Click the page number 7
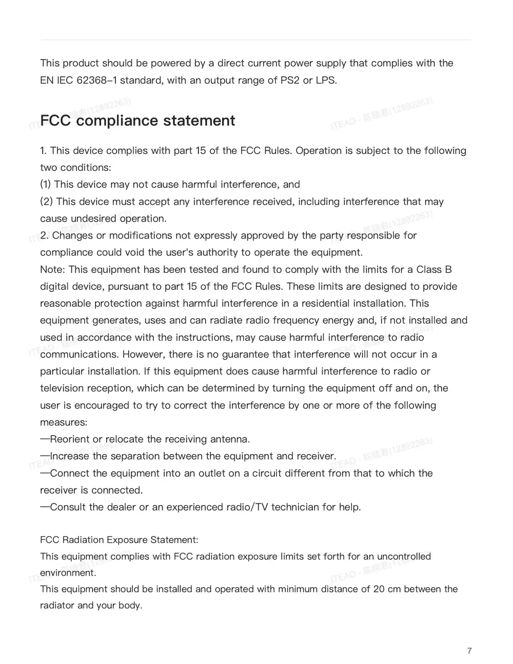469,651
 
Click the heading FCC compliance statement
137,121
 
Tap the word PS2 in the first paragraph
289,81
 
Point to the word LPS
326,81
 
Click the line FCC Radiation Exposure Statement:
119,540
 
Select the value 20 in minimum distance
379,589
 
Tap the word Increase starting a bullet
70,456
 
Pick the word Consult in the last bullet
68,507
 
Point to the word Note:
53,269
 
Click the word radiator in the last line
57,606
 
